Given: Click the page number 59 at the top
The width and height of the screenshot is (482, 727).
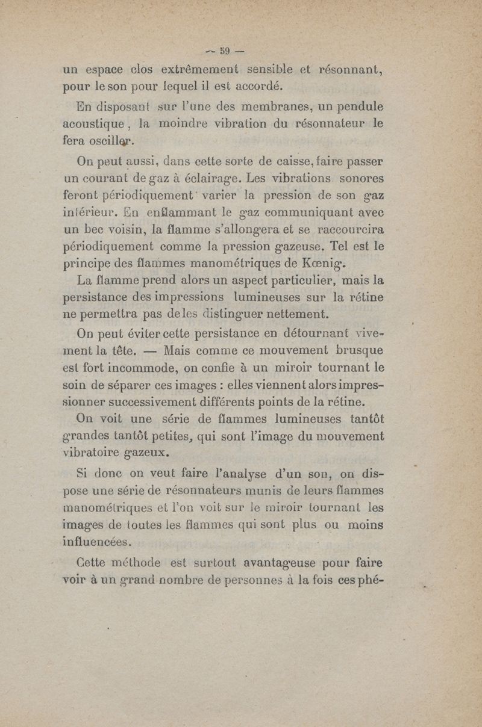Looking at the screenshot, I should (x=227, y=49).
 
